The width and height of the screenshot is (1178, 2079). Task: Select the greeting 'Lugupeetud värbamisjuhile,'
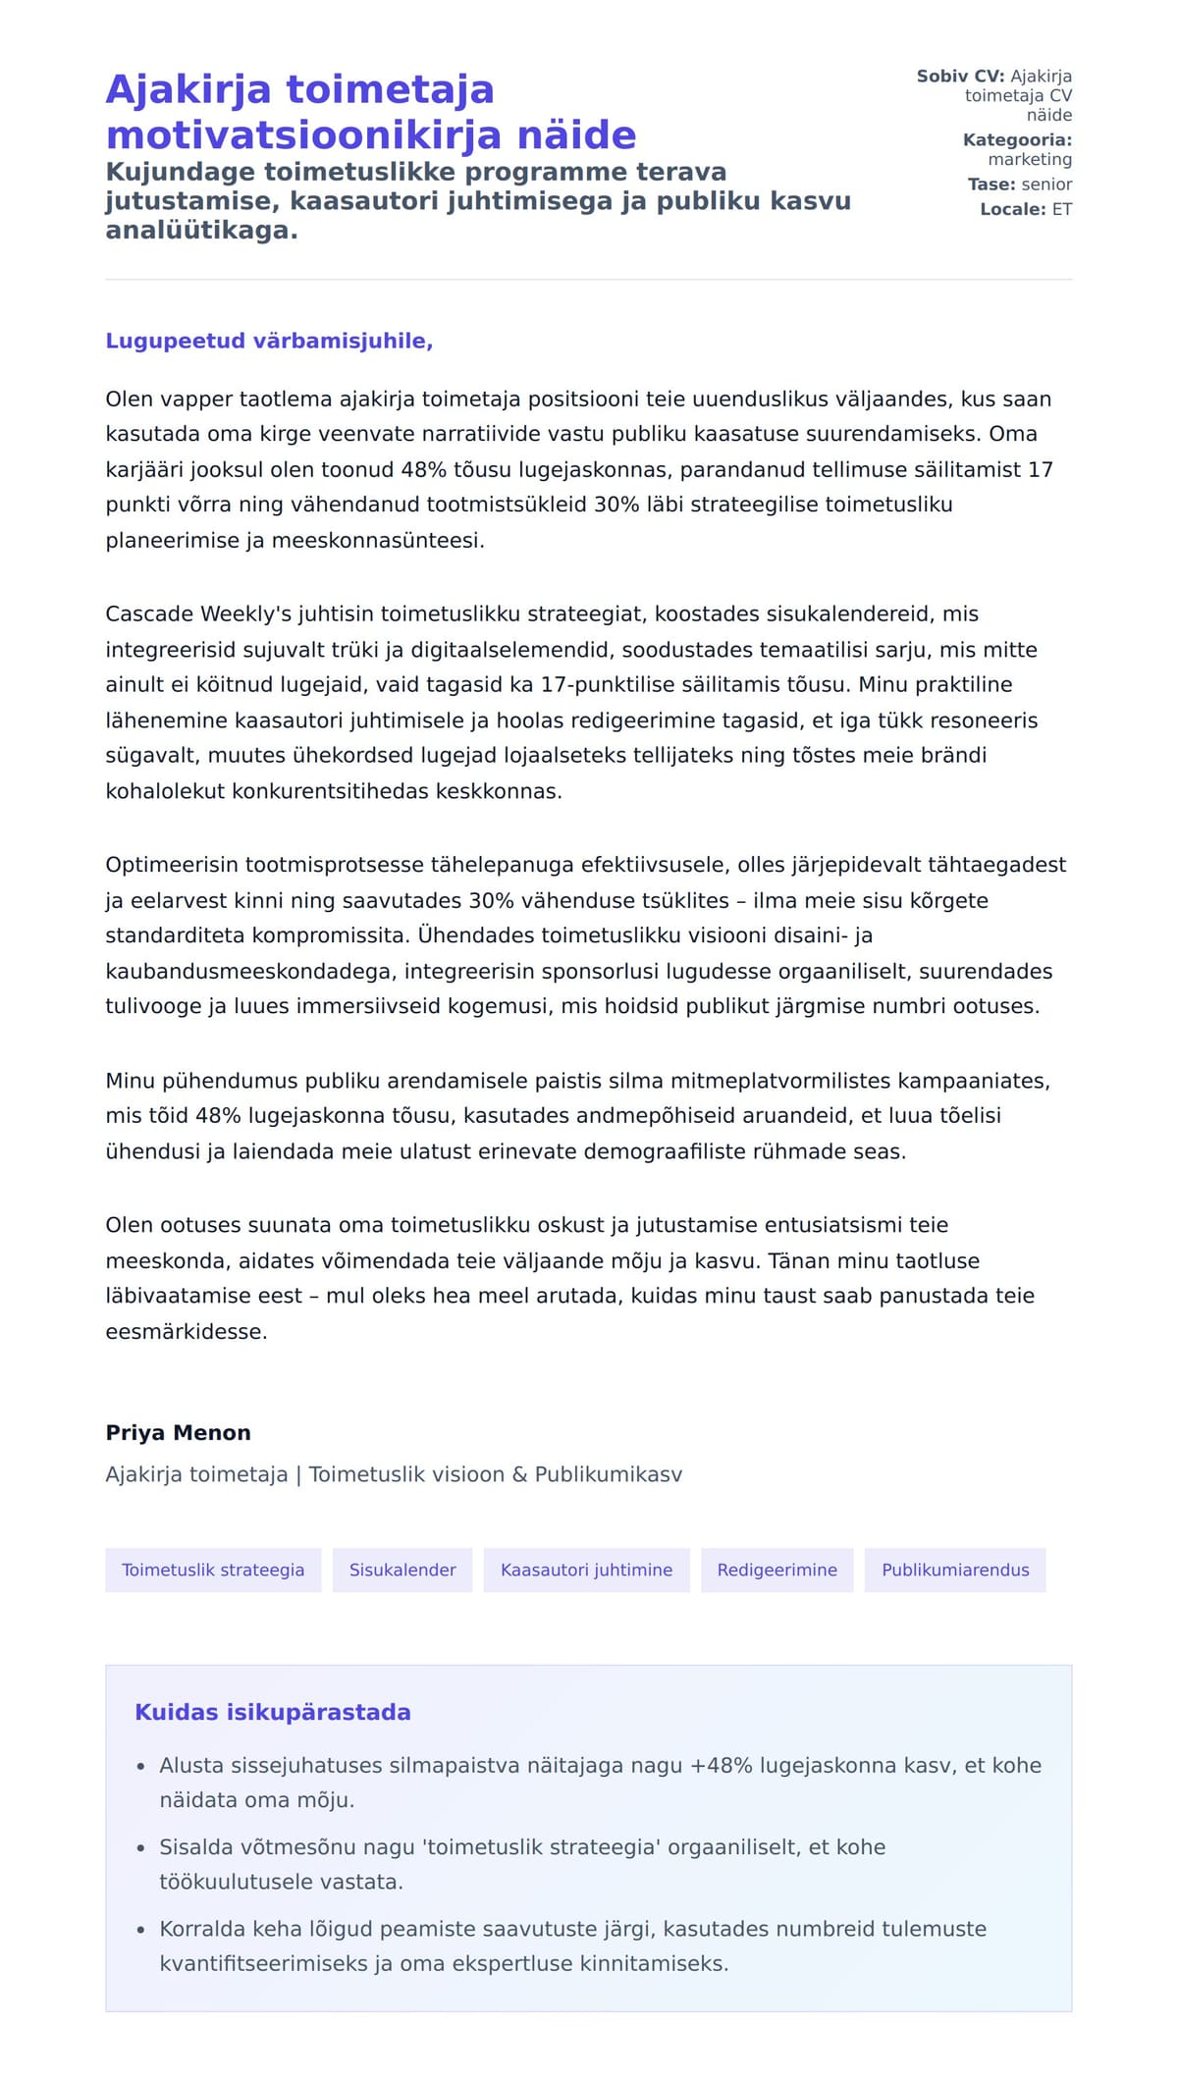269,342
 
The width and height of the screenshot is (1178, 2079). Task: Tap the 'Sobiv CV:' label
960,77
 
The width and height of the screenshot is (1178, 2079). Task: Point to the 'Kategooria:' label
1017,140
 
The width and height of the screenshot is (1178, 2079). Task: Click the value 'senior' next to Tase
1046,185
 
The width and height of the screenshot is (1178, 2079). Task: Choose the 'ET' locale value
1062,209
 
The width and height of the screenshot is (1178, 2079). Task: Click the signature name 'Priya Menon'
178,1433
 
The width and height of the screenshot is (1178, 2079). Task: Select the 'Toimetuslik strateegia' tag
213,1571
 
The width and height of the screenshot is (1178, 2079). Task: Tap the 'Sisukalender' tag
402,1571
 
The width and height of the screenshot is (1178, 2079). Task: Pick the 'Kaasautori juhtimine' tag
586,1571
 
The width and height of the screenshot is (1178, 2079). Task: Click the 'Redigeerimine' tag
776,1571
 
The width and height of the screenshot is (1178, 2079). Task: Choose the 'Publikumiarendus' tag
955,1571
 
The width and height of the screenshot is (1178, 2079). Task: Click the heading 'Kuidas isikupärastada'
273,1713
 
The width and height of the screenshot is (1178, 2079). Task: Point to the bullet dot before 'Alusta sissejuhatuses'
140,1767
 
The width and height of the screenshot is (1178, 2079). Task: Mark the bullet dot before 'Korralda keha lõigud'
140,1930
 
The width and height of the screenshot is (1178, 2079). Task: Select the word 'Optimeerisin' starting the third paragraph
172,866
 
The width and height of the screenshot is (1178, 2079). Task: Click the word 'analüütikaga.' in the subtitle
201,232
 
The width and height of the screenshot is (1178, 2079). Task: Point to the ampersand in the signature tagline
519,1475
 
